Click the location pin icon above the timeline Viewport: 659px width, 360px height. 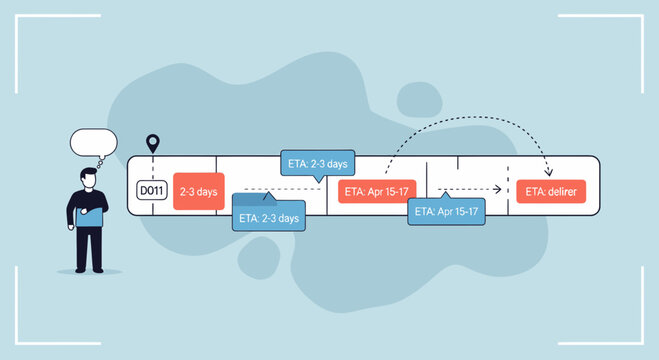click(x=153, y=144)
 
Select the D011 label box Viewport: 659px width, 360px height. click(x=150, y=190)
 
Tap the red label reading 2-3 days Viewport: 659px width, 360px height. click(x=196, y=190)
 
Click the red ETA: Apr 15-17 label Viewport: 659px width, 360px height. click(x=377, y=191)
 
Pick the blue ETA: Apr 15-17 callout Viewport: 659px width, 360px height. click(x=446, y=212)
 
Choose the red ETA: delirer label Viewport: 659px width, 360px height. click(x=551, y=191)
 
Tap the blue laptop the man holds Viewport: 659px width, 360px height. click(x=91, y=214)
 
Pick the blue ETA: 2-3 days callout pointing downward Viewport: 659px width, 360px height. click(x=315, y=164)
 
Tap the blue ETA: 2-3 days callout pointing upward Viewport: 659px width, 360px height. click(x=267, y=216)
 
